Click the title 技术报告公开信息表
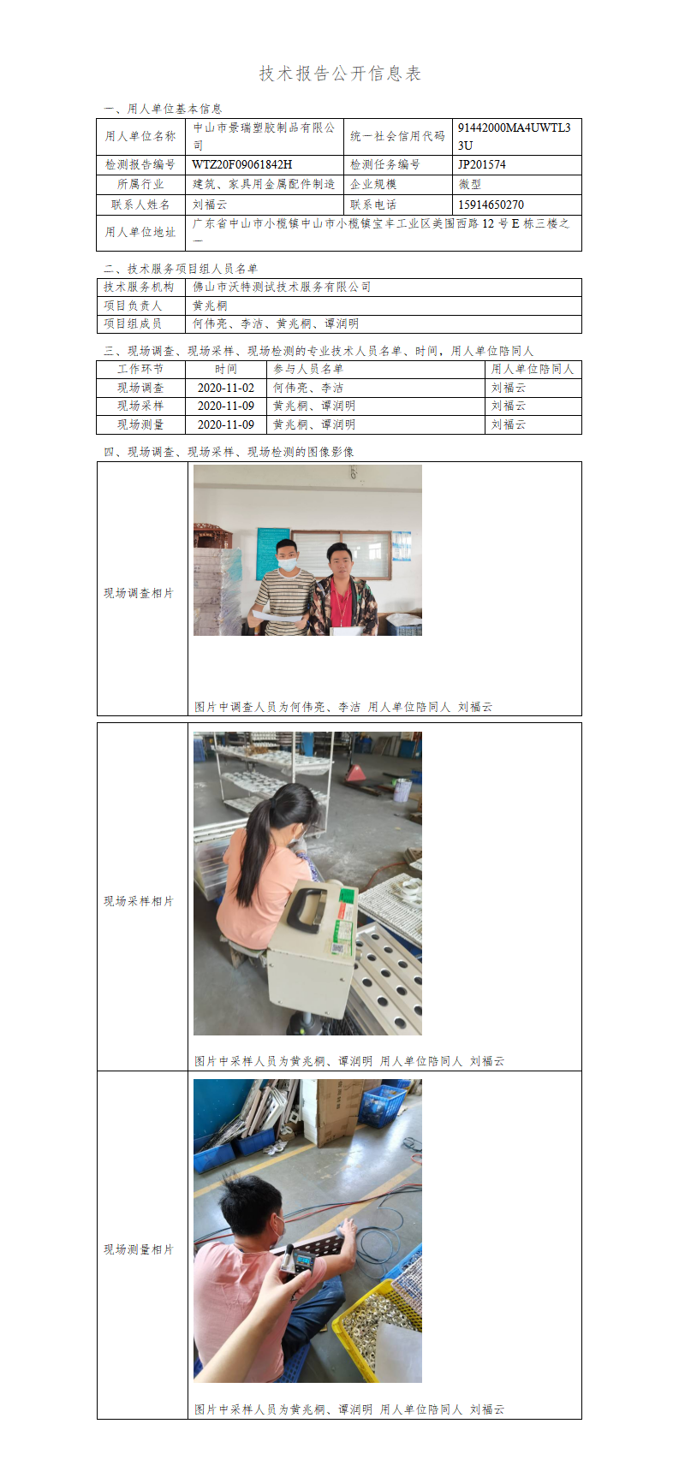coord(340,74)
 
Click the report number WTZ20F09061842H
coord(242,164)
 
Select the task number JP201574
coord(482,164)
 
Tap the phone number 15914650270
coord(491,205)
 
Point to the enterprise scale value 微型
coord(470,184)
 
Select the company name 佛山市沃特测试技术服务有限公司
coord(282,287)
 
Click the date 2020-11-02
coord(226,388)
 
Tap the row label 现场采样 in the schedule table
coord(140,406)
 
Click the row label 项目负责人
coord(133,305)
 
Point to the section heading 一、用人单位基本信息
coord(163,109)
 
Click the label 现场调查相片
coord(139,593)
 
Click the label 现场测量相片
coord(139,1249)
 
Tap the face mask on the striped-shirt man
coord(288,563)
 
